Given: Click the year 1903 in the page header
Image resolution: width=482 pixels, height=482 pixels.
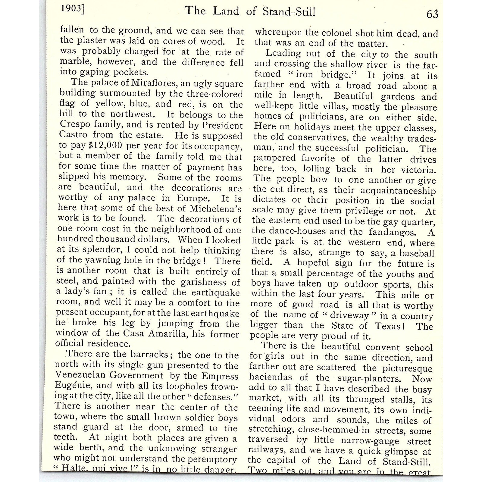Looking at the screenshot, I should click(x=71, y=8).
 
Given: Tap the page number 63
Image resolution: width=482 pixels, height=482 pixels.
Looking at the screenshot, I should click(x=432, y=14).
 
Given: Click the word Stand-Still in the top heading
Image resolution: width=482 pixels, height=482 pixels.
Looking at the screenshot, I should click(x=289, y=11).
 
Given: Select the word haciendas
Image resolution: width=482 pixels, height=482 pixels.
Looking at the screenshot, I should click(x=266, y=377).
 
